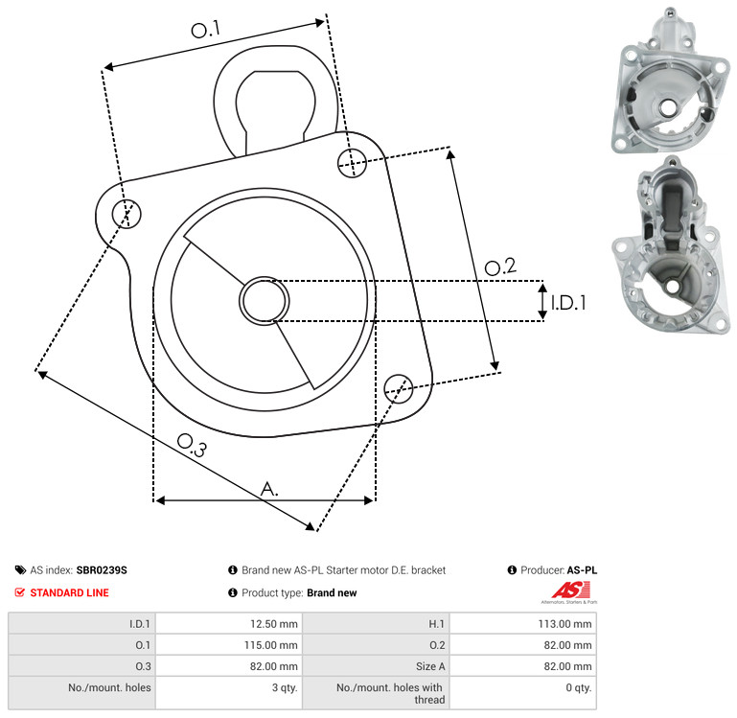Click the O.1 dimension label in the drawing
(206, 30)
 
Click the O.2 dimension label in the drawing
(500, 267)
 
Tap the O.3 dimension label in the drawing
(192, 446)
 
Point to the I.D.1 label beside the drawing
(568, 303)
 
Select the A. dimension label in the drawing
(269, 489)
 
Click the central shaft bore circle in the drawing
(265, 301)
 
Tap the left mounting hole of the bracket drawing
(127, 214)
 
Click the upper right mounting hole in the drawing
(352, 163)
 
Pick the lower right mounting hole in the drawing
(399, 388)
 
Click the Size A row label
(430, 666)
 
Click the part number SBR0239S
(102, 570)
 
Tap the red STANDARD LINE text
(70, 592)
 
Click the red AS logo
(570, 591)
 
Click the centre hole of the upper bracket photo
(667, 107)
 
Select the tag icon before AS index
(20, 570)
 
